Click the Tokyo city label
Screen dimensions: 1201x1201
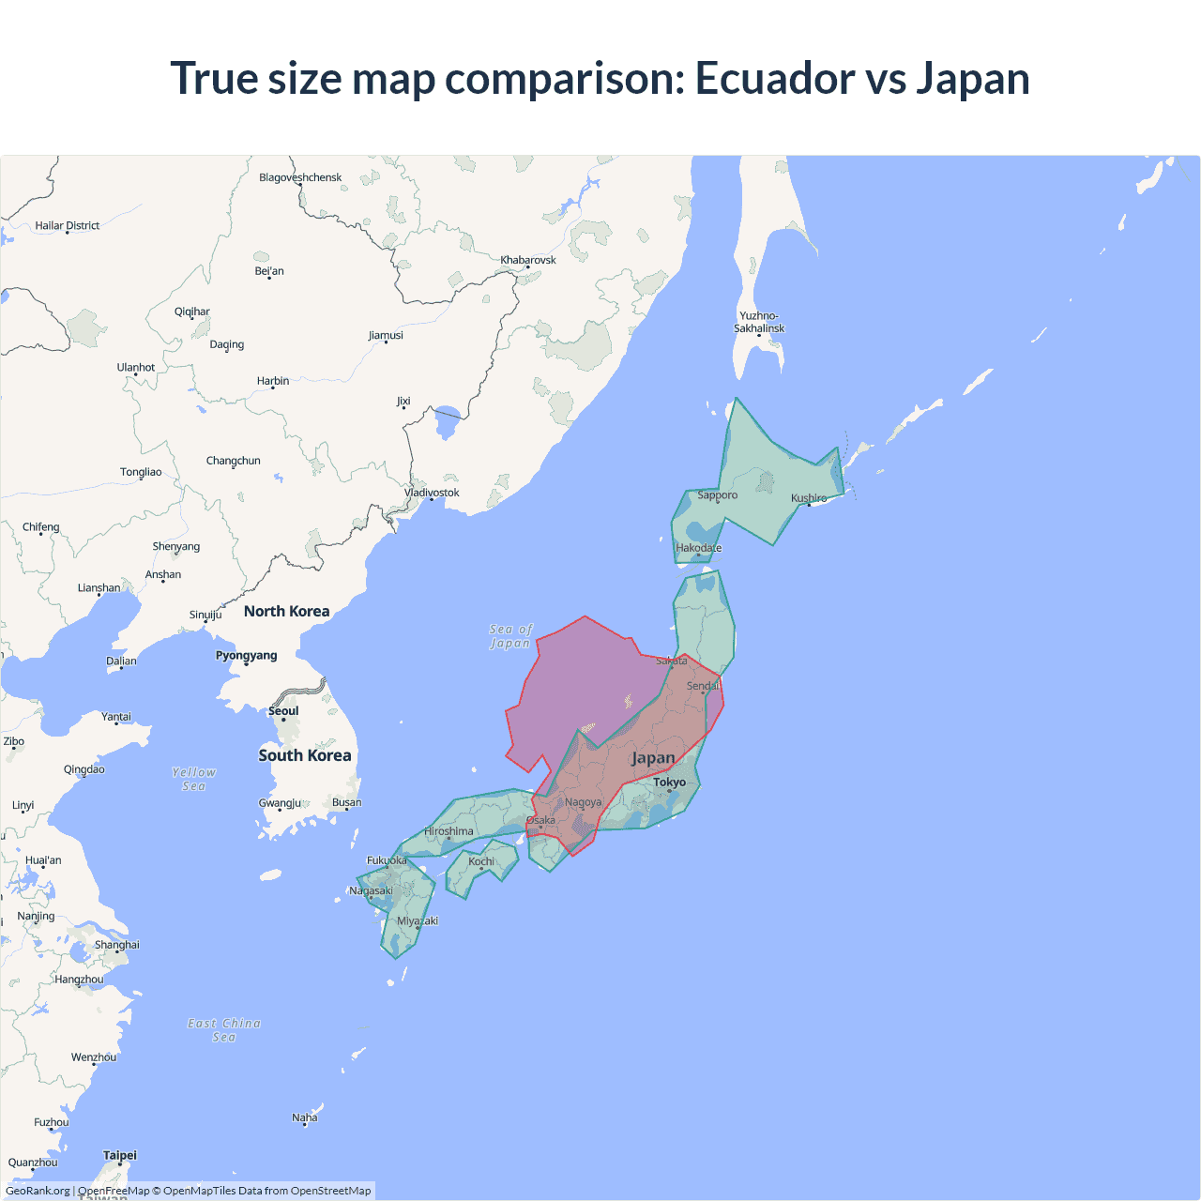coord(670,782)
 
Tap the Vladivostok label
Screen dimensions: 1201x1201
coord(432,493)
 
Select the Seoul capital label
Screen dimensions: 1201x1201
coord(283,710)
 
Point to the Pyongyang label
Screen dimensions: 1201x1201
coord(247,655)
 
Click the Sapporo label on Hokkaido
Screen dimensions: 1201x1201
coord(718,494)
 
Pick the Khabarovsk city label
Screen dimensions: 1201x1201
coord(528,260)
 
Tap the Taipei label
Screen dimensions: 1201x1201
coord(120,1155)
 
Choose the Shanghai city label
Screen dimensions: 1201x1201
coord(117,945)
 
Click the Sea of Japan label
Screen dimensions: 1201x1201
coord(510,636)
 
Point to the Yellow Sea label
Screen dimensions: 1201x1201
coord(194,779)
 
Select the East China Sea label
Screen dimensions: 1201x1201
coord(224,1029)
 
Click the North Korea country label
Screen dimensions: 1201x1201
coord(287,611)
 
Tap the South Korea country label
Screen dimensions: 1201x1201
coord(305,755)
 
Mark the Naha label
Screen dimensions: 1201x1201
coord(305,1117)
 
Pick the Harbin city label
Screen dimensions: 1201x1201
coord(273,381)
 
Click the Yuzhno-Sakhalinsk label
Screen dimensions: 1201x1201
coord(759,322)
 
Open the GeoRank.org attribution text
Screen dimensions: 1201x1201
coord(38,1191)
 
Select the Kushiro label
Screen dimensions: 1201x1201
coord(809,498)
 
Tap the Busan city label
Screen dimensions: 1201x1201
coord(346,802)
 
